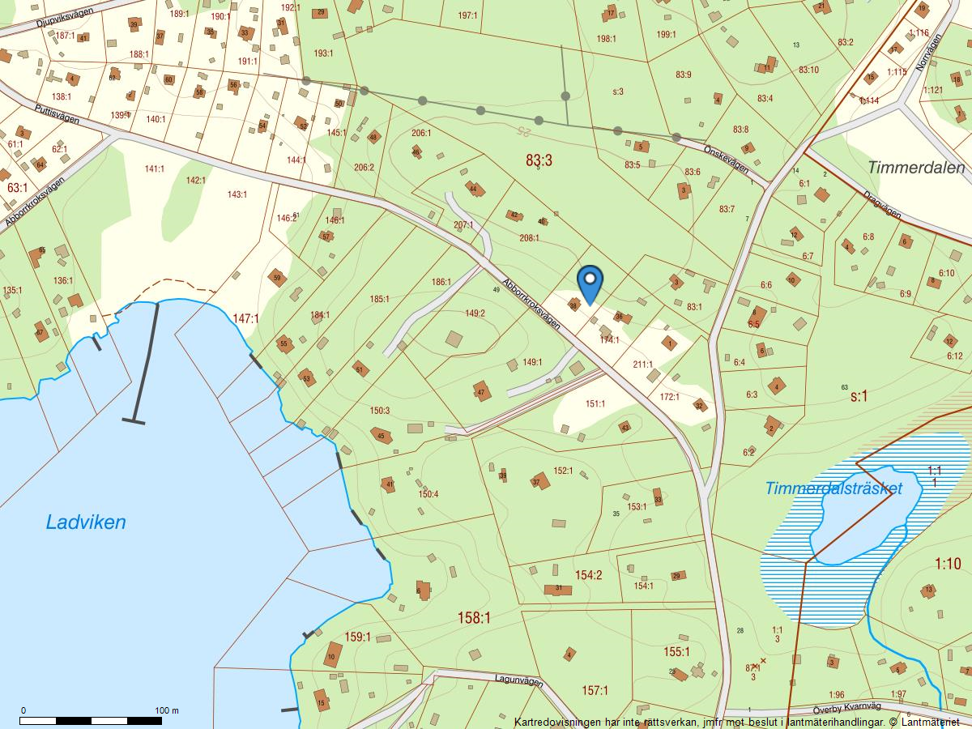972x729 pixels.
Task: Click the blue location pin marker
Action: (590, 282)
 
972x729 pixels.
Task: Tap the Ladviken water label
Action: (86, 522)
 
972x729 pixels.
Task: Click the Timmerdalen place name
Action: (915, 168)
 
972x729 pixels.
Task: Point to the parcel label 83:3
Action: (539, 161)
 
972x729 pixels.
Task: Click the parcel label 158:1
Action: (475, 618)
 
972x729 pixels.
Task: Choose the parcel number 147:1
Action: (245, 319)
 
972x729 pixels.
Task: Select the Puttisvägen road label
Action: (57, 115)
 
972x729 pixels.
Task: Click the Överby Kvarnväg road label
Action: (841, 706)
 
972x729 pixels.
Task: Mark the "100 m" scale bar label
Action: (167, 710)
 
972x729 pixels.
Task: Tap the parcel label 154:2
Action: (589, 575)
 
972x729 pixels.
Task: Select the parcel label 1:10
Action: (948, 564)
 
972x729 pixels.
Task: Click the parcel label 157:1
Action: (595, 690)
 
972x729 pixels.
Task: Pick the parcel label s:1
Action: (859, 397)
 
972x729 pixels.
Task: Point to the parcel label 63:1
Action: (17, 188)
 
